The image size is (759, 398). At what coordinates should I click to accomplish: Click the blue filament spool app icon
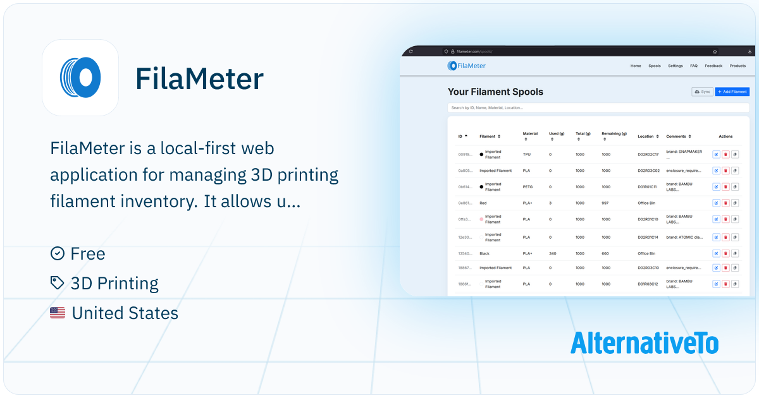(80, 78)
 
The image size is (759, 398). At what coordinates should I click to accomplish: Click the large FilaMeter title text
(199, 79)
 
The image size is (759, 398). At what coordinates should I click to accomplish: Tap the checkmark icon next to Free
(57, 253)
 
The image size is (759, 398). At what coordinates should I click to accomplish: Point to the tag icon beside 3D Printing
(57, 283)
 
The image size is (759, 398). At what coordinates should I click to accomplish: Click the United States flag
(58, 313)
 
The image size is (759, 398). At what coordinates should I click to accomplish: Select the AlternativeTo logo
(644, 342)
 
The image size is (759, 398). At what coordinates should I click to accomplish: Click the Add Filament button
(732, 92)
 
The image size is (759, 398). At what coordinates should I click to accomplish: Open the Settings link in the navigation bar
(676, 66)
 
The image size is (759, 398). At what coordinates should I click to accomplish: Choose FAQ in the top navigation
(694, 66)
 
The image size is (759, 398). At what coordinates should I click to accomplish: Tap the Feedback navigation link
(713, 66)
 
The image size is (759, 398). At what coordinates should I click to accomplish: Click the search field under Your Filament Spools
(598, 108)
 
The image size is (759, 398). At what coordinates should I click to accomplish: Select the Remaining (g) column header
(614, 134)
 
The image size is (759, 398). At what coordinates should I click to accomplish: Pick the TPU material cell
(528, 154)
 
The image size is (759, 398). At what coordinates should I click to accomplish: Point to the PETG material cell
(529, 187)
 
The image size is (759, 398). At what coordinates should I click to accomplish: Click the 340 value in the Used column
(553, 253)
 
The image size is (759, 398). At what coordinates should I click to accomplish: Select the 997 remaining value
(606, 203)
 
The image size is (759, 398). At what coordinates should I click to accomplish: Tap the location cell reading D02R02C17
(648, 154)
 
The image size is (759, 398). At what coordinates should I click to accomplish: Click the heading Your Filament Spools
(495, 92)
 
